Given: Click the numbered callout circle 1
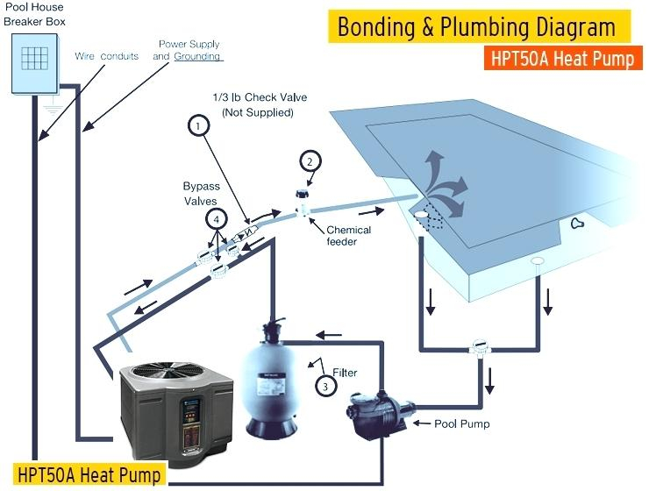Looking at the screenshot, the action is coord(199,125).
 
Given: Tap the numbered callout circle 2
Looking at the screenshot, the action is coord(310,161).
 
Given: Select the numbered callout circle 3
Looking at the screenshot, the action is coord(325,387).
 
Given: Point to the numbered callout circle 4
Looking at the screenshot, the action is coord(217,220).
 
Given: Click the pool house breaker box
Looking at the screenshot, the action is coord(35,63).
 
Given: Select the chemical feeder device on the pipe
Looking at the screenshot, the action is coord(303,203).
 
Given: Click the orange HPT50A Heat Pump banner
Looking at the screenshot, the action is coord(563,59).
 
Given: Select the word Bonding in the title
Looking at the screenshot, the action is coord(376,27).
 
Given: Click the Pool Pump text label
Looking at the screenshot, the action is coord(462,423).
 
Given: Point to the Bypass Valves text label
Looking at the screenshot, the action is coord(201,194).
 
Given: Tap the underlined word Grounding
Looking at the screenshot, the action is coord(197,56).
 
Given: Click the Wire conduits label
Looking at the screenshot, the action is coord(107,56).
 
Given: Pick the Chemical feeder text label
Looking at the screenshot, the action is coord(348,235).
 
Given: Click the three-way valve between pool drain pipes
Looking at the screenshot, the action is coord(480,346).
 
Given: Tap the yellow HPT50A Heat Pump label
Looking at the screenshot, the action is coord(89,474).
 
